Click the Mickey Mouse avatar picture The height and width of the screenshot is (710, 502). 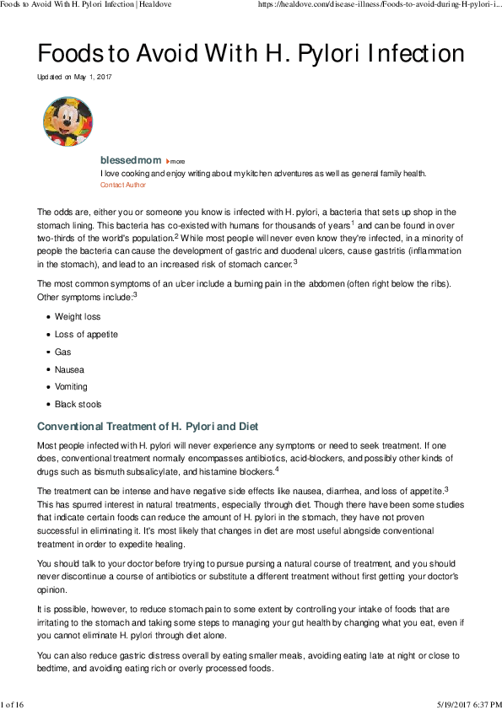click(68, 121)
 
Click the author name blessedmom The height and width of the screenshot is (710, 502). click(130, 160)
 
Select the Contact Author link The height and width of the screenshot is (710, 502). click(123, 185)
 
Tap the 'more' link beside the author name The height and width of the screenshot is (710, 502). click(176, 161)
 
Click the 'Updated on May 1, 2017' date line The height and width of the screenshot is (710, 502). click(74, 77)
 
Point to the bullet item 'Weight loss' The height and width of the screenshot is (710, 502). click(78, 317)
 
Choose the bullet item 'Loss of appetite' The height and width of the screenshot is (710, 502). click(86, 335)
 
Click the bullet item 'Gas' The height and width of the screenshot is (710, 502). click(62, 352)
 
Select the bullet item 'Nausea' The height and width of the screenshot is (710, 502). click(69, 370)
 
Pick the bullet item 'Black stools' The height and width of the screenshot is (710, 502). click(78, 405)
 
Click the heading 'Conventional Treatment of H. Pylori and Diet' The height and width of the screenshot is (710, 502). click(148, 427)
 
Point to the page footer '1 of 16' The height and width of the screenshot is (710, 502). click(13, 703)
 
